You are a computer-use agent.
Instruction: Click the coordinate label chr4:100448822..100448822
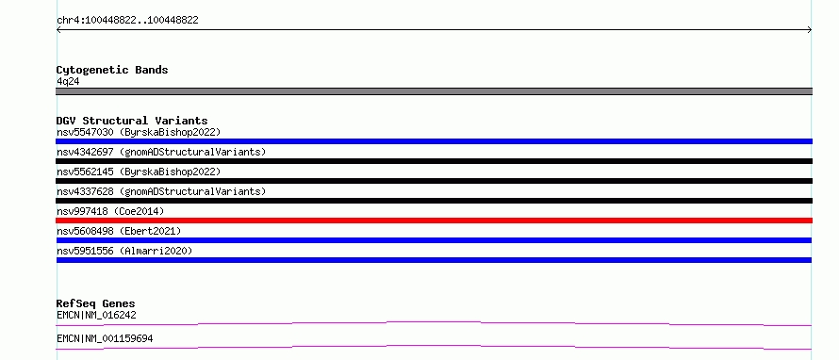(x=127, y=21)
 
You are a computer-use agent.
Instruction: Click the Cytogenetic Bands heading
(x=112, y=70)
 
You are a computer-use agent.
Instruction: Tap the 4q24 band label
(x=68, y=82)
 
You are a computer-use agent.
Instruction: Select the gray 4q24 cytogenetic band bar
(x=434, y=91)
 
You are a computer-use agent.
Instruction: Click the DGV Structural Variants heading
(x=132, y=121)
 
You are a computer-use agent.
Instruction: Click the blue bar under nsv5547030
(x=434, y=141)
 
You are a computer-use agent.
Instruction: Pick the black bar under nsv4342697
(x=434, y=161)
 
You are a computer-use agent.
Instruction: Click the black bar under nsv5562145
(x=434, y=181)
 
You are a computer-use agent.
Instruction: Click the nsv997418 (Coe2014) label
(x=110, y=211)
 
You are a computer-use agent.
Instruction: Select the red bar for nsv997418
(x=434, y=221)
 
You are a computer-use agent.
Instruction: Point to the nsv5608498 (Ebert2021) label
(x=119, y=231)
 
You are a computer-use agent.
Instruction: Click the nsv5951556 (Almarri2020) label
(x=124, y=251)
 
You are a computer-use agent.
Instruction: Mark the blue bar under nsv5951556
(x=434, y=260)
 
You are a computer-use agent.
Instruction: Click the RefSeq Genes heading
(x=96, y=303)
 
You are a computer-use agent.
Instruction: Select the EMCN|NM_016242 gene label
(x=96, y=316)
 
